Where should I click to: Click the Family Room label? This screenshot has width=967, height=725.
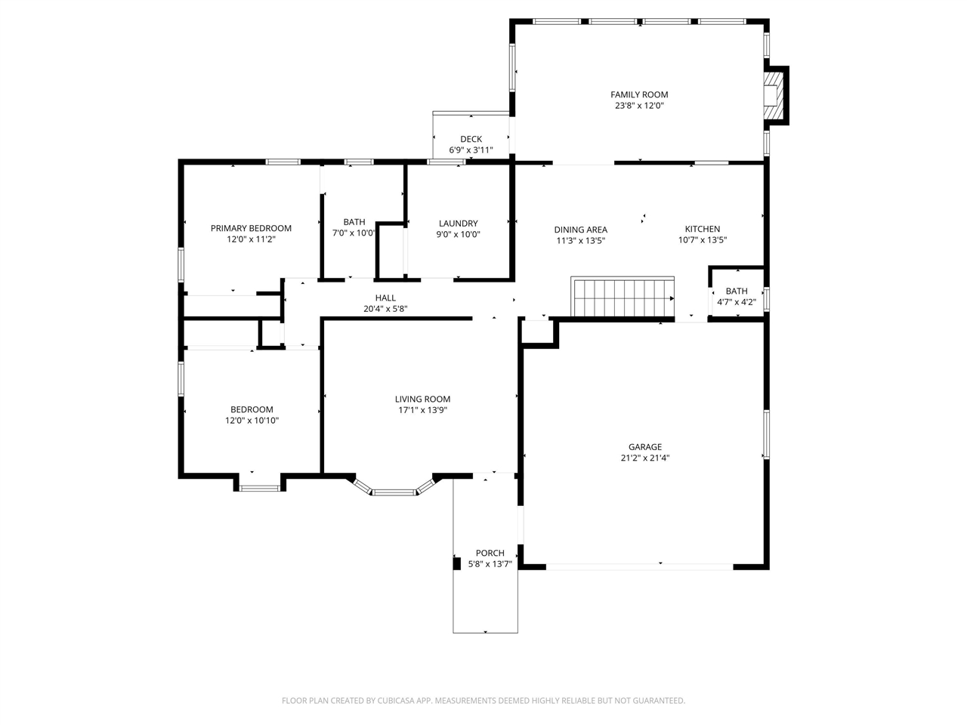(x=639, y=94)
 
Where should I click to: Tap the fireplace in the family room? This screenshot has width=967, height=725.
(x=773, y=95)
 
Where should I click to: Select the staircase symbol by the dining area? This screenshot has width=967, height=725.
(x=623, y=297)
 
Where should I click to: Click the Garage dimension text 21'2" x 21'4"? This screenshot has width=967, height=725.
(x=644, y=458)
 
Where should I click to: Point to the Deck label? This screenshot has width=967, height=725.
(x=471, y=139)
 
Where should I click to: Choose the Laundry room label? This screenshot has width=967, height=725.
(x=458, y=223)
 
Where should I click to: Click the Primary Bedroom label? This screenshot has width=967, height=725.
(x=251, y=228)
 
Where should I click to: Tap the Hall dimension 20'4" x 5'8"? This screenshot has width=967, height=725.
(x=385, y=309)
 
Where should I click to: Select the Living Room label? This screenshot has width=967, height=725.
(x=422, y=399)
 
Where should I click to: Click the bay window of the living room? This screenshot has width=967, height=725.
(x=394, y=492)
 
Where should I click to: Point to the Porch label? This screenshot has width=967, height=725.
(x=490, y=553)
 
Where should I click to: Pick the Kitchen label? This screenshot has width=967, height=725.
(x=702, y=229)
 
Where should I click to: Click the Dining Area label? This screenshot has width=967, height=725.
(x=580, y=230)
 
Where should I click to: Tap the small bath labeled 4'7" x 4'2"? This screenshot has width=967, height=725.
(x=736, y=296)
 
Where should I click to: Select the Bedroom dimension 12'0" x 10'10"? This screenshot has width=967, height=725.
(x=252, y=421)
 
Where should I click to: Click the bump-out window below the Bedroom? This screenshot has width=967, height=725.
(x=260, y=488)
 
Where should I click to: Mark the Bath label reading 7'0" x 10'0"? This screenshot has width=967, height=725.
(x=354, y=222)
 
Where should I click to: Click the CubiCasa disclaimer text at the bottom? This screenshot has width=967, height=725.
(x=483, y=701)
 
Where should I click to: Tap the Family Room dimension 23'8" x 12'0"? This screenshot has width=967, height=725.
(x=639, y=106)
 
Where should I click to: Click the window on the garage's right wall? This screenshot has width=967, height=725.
(x=765, y=434)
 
